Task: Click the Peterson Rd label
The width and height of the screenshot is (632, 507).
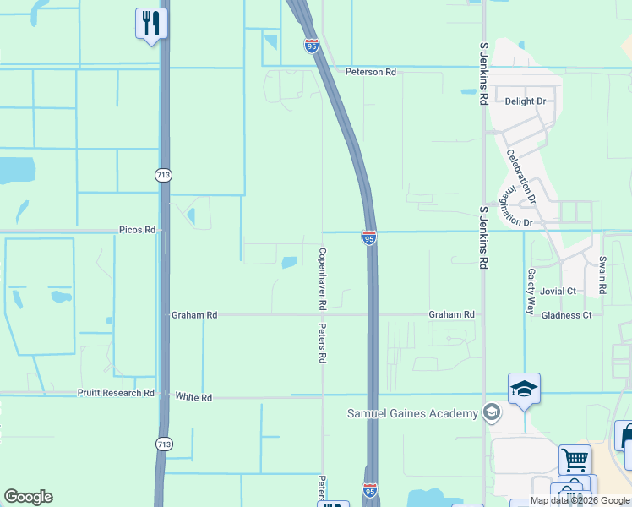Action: pyautogui.click(x=370, y=73)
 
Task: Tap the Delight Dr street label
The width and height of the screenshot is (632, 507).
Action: pyautogui.click(x=526, y=101)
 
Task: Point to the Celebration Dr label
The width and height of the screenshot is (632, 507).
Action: pyautogui.click(x=520, y=176)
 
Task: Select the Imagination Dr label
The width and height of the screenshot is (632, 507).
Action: pyautogui.click(x=515, y=205)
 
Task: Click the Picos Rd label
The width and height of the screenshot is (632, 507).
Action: pyautogui.click(x=137, y=230)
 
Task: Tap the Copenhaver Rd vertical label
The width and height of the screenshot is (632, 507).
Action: pyautogui.click(x=322, y=277)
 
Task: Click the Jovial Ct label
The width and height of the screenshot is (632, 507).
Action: pyautogui.click(x=558, y=292)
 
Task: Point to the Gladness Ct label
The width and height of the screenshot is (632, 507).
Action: pyautogui.click(x=566, y=315)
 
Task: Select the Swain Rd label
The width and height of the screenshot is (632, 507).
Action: pyautogui.click(x=602, y=275)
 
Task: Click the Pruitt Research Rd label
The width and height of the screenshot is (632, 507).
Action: pyautogui.click(x=116, y=393)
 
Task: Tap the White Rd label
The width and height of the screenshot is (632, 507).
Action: pyautogui.click(x=193, y=396)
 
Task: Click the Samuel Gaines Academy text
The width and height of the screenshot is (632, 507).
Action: pyautogui.click(x=412, y=413)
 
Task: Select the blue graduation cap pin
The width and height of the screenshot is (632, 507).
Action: pyautogui.click(x=524, y=390)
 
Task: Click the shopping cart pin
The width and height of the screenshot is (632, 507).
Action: pyautogui.click(x=575, y=461)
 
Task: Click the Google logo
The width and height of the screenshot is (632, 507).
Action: pyautogui.click(x=28, y=497)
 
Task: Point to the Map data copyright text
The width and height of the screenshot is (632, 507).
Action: pyautogui.click(x=580, y=501)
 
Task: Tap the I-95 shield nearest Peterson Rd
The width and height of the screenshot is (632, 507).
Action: pyautogui.click(x=312, y=46)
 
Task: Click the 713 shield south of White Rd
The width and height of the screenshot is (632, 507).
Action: pyautogui.click(x=162, y=443)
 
